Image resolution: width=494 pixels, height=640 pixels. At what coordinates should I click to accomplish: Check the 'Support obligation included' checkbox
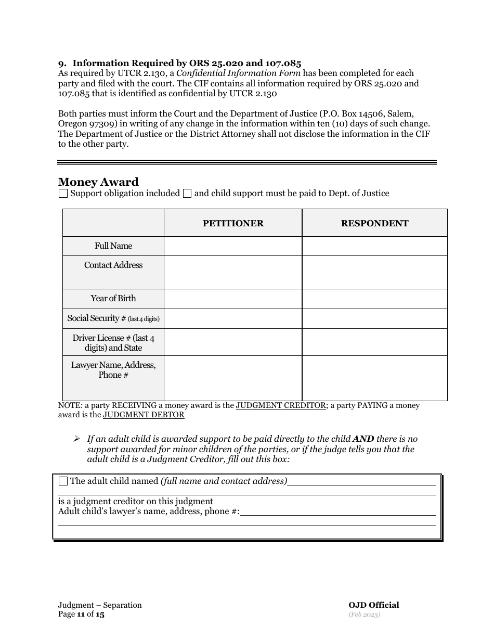pyautogui.click(x=63, y=194)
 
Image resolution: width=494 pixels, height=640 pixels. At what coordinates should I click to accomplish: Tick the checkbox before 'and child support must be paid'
pyautogui.click(x=187, y=194)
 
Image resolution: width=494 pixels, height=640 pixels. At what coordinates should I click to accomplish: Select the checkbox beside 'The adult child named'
pyautogui.click(x=63, y=481)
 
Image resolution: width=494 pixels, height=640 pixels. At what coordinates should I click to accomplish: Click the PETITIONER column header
pyautogui.click(x=233, y=223)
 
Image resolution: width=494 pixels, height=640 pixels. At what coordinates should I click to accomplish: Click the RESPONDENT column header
pyautogui.click(x=374, y=223)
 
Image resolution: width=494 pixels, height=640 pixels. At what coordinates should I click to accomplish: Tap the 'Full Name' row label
pyautogui.click(x=113, y=246)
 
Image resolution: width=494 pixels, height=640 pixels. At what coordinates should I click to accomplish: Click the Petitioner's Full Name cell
pyautogui.click(x=233, y=246)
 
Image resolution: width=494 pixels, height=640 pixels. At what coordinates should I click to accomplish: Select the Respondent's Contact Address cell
pyautogui.click(x=374, y=272)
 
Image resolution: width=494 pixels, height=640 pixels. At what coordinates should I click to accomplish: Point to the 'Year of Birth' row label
pyautogui.click(x=113, y=299)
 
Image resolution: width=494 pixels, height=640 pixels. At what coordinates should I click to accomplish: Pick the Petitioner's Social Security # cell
pyautogui.click(x=233, y=318)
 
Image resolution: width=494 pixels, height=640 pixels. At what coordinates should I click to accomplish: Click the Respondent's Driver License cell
pyautogui.click(x=374, y=342)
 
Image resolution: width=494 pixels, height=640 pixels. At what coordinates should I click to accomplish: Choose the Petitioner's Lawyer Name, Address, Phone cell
pyautogui.click(x=233, y=378)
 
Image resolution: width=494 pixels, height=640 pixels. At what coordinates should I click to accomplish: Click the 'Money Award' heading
pyautogui.click(x=98, y=182)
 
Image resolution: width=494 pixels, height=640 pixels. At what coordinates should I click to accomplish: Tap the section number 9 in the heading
pyautogui.click(x=61, y=63)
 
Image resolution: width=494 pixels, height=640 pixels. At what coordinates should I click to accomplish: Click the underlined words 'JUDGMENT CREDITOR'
pyautogui.click(x=281, y=405)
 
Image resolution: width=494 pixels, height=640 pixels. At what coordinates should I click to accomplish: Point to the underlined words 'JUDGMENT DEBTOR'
pyautogui.click(x=144, y=415)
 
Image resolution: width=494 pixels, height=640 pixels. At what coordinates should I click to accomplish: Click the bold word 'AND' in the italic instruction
pyautogui.click(x=363, y=439)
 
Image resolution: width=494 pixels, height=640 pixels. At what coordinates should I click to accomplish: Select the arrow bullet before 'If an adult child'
pyautogui.click(x=77, y=439)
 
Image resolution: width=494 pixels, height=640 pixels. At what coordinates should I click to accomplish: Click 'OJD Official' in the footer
pyautogui.click(x=373, y=605)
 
